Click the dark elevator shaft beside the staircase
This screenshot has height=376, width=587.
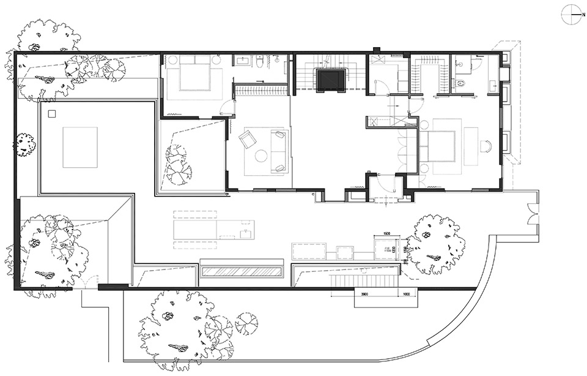click(331, 79)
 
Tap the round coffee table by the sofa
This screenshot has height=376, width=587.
click(261, 156)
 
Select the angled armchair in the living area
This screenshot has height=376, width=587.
click(248, 140)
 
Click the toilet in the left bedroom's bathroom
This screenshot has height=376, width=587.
click(260, 62)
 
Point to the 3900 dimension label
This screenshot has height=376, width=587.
click(364, 293)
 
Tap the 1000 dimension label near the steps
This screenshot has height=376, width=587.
click(407, 293)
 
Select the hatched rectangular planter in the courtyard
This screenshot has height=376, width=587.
click(243, 271)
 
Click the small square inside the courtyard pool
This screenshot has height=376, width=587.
click(52, 113)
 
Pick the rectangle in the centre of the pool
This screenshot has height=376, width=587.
click(80, 147)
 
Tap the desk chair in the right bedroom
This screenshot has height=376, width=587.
click(486, 146)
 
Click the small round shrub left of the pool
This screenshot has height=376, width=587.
click(25, 145)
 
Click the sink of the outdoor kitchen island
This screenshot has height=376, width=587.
click(247, 231)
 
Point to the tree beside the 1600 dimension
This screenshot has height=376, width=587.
click(435, 244)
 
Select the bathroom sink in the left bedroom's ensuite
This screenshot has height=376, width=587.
click(242, 61)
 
